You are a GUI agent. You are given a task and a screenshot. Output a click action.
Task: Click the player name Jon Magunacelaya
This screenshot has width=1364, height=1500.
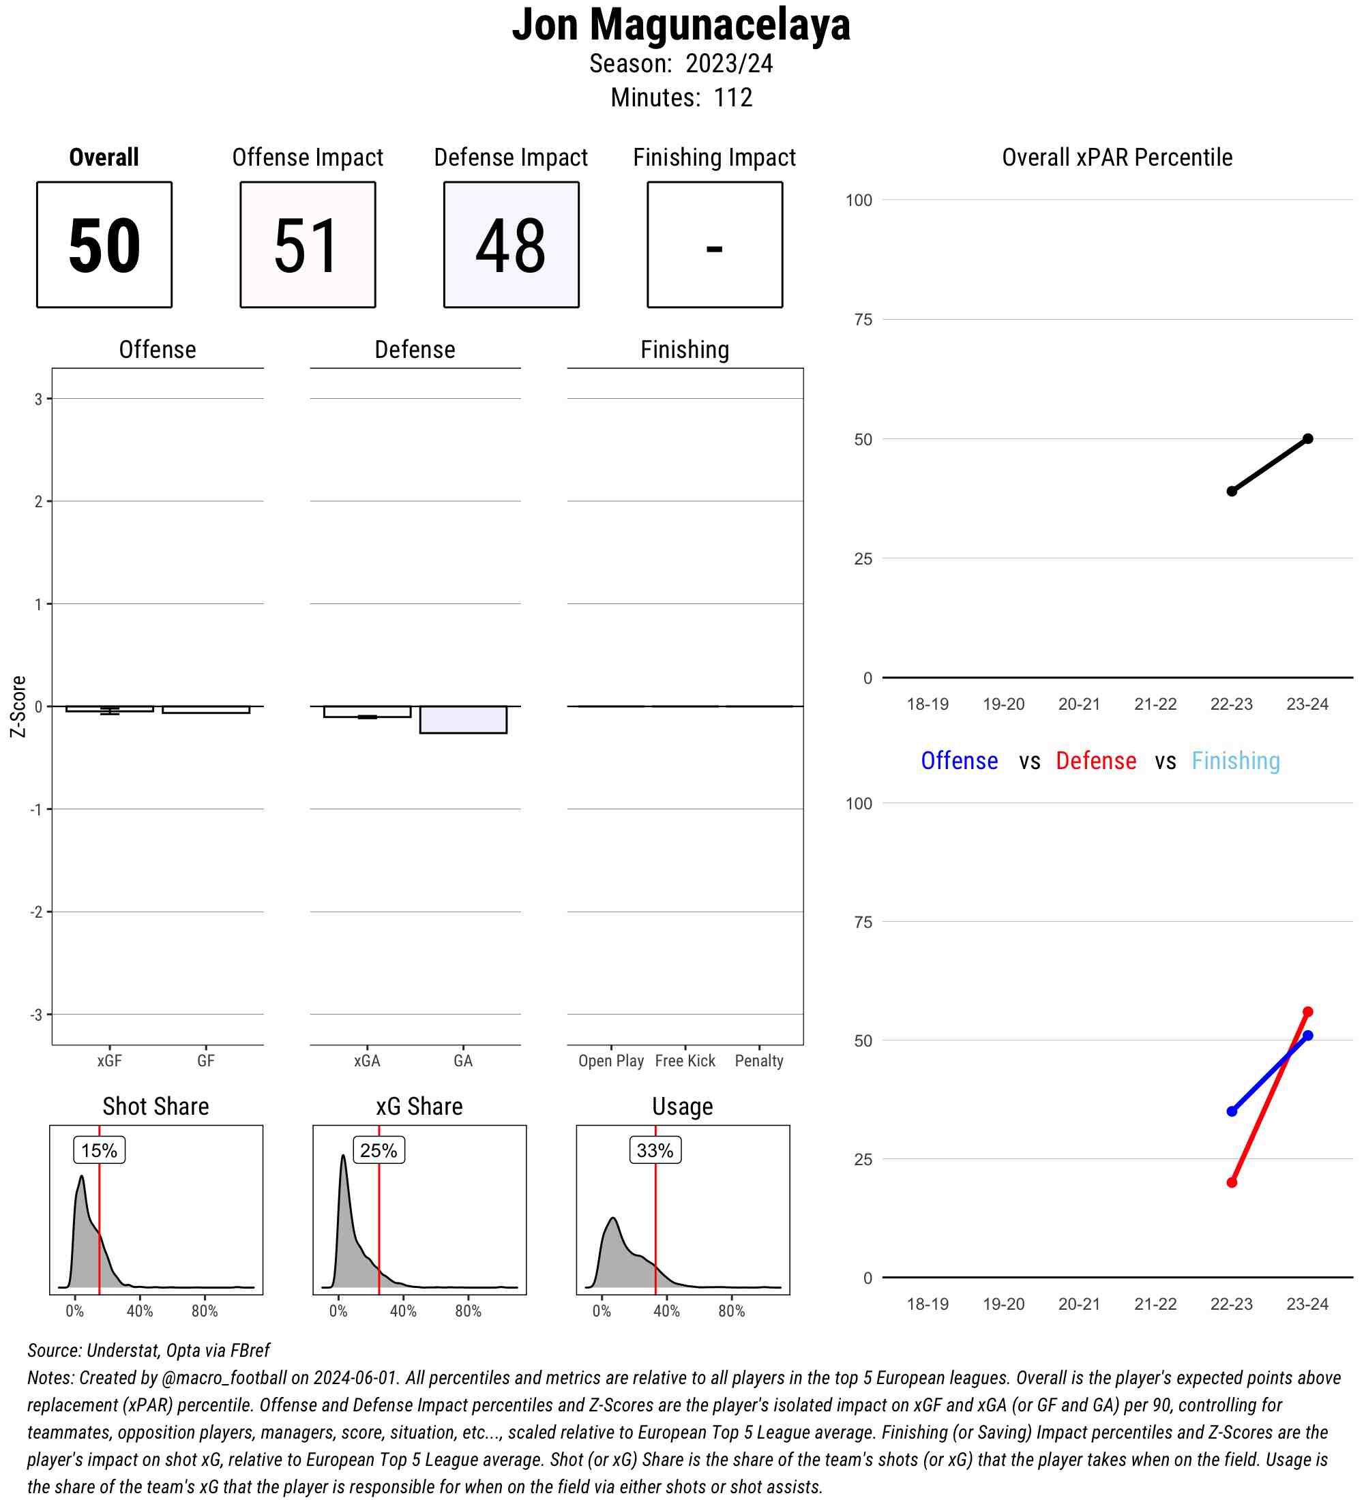(x=681, y=25)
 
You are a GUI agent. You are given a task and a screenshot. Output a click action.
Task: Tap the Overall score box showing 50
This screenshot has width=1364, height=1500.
(x=104, y=245)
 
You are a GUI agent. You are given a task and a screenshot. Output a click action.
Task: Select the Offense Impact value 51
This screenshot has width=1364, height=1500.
(x=308, y=245)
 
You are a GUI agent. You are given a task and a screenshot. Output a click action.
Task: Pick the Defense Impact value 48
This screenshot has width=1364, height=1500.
(x=510, y=245)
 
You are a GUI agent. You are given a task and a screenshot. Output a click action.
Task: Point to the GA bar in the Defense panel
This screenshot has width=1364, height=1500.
(x=463, y=719)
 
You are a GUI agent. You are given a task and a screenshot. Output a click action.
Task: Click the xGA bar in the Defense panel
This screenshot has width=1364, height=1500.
(x=367, y=711)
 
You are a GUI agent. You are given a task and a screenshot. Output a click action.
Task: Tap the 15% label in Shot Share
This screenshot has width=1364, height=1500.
(x=99, y=1150)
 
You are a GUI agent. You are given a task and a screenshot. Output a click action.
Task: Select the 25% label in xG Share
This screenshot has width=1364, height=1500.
(x=378, y=1150)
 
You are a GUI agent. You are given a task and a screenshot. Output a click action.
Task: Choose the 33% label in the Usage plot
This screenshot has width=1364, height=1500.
(x=655, y=1150)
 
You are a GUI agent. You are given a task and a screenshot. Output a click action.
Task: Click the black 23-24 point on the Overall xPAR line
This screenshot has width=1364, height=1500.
(x=1307, y=439)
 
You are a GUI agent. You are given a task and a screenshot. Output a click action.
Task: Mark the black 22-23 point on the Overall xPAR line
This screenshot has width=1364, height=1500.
(x=1232, y=491)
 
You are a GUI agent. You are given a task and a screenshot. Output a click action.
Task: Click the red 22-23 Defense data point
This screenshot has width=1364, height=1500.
(x=1232, y=1182)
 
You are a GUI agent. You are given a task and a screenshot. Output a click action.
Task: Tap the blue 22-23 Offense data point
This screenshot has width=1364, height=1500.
(x=1232, y=1111)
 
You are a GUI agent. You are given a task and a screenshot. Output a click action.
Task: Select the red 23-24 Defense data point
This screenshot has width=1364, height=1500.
(x=1307, y=1012)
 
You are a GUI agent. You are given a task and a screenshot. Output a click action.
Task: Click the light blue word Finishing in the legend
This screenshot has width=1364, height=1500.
(x=1235, y=761)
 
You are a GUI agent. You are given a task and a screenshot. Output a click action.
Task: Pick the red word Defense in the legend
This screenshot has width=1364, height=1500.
(x=1096, y=761)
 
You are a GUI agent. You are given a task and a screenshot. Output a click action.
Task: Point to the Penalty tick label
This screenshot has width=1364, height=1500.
(x=759, y=1061)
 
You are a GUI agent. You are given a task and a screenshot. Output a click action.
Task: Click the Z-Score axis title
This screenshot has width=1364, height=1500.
(x=18, y=706)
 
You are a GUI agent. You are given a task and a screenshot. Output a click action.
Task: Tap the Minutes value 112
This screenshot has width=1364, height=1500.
(x=732, y=97)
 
